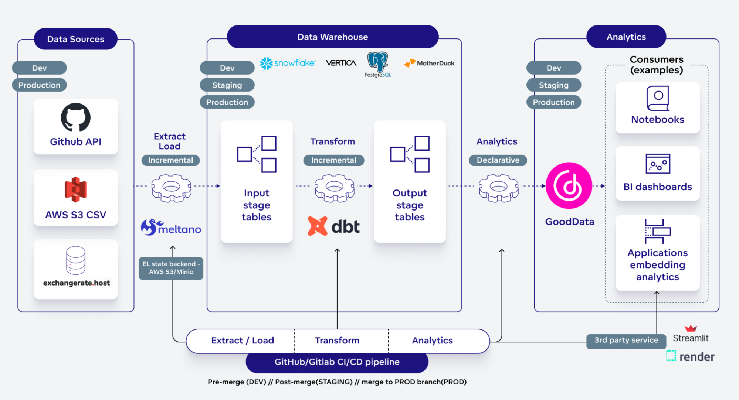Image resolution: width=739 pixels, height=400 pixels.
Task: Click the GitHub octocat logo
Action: click(76, 117)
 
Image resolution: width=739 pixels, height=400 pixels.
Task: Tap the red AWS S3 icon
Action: click(76, 189)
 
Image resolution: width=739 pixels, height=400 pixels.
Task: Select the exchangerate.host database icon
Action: click(76, 260)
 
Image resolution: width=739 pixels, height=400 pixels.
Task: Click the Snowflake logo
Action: click(288, 63)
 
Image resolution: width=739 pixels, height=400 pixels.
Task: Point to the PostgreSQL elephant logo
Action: click(377, 62)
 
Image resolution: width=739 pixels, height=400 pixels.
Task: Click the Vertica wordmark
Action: click(341, 63)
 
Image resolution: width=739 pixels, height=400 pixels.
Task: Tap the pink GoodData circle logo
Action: click(569, 186)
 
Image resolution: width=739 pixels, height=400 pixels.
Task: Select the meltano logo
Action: click(171, 228)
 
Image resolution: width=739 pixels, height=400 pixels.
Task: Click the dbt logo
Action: click(333, 226)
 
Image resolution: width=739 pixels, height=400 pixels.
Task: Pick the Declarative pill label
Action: click(498, 160)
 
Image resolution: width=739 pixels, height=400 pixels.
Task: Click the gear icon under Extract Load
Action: click(171, 188)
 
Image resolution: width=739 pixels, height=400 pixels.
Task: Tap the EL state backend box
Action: click(171, 268)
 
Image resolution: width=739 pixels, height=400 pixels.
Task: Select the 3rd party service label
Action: click(626, 340)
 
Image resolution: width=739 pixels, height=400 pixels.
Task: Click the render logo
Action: click(690, 356)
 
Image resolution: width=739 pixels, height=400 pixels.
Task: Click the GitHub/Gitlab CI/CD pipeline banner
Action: click(337, 362)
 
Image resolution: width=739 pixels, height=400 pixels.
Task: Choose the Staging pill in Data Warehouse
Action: click(227, 85)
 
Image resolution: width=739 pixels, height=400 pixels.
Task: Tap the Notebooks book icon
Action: click(658, 98)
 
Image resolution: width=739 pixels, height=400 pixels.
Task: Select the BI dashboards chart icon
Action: click(658, 164)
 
